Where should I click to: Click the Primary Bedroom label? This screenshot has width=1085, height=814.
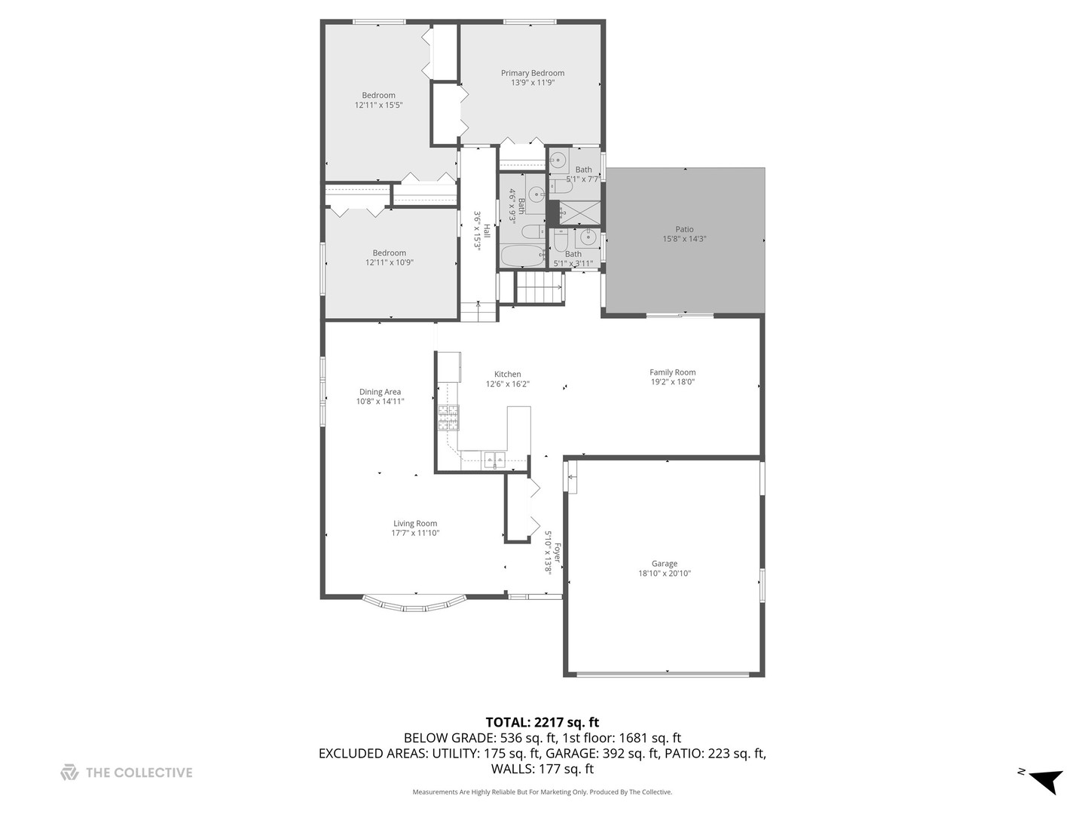pos(532,73)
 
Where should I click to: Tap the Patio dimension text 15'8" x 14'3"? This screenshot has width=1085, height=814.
pos(684,239)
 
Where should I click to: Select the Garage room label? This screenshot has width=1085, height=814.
pos(664,564)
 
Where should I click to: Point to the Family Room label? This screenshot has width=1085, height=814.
pos(672,372)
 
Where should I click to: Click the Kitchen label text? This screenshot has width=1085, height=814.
pos(507,375)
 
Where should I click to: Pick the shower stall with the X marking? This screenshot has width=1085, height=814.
pos(580,213)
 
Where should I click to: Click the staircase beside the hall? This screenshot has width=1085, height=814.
pos(539,287)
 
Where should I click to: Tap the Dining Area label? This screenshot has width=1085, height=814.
pos(380,392)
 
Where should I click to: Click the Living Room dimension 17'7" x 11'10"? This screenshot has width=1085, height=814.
pos(415,534)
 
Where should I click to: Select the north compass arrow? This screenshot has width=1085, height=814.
pos(1046,781)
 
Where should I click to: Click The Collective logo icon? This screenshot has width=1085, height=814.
pos(69,773)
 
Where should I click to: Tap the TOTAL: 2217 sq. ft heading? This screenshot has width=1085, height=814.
pos(542,723)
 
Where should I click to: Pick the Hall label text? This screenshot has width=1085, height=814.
pos(487,231)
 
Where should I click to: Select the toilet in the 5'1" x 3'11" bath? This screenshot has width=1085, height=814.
pos(560,240)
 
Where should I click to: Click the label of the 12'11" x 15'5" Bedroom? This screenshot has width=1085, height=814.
pos(378,96)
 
